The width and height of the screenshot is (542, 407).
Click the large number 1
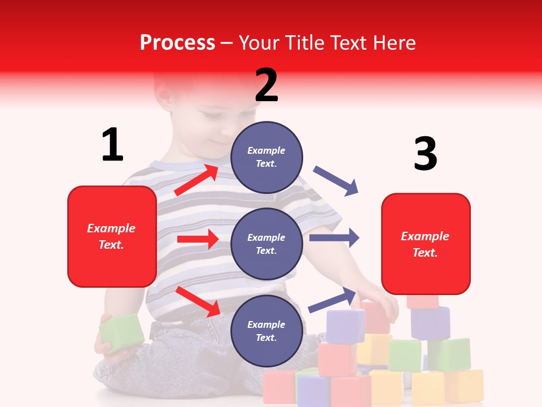point(112,145)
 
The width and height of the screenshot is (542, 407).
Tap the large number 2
point(266,85)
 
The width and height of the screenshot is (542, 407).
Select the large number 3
point(425,154)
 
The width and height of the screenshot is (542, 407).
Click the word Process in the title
point(177,42)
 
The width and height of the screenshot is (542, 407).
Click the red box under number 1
point(112,236)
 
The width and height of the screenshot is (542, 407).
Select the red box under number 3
point(426,244)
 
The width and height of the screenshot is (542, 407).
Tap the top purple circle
point(266,157)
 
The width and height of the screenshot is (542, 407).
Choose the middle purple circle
point(266,244)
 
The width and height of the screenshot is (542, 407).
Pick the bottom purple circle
point(266,331)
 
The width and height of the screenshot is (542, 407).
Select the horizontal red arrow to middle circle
point(198,239)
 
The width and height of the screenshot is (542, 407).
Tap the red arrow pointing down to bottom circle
point(198,302)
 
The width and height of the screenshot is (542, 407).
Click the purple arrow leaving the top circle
point(336,181)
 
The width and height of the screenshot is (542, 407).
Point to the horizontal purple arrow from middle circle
point(334,237)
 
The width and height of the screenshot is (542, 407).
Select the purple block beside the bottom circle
point(345,326)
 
